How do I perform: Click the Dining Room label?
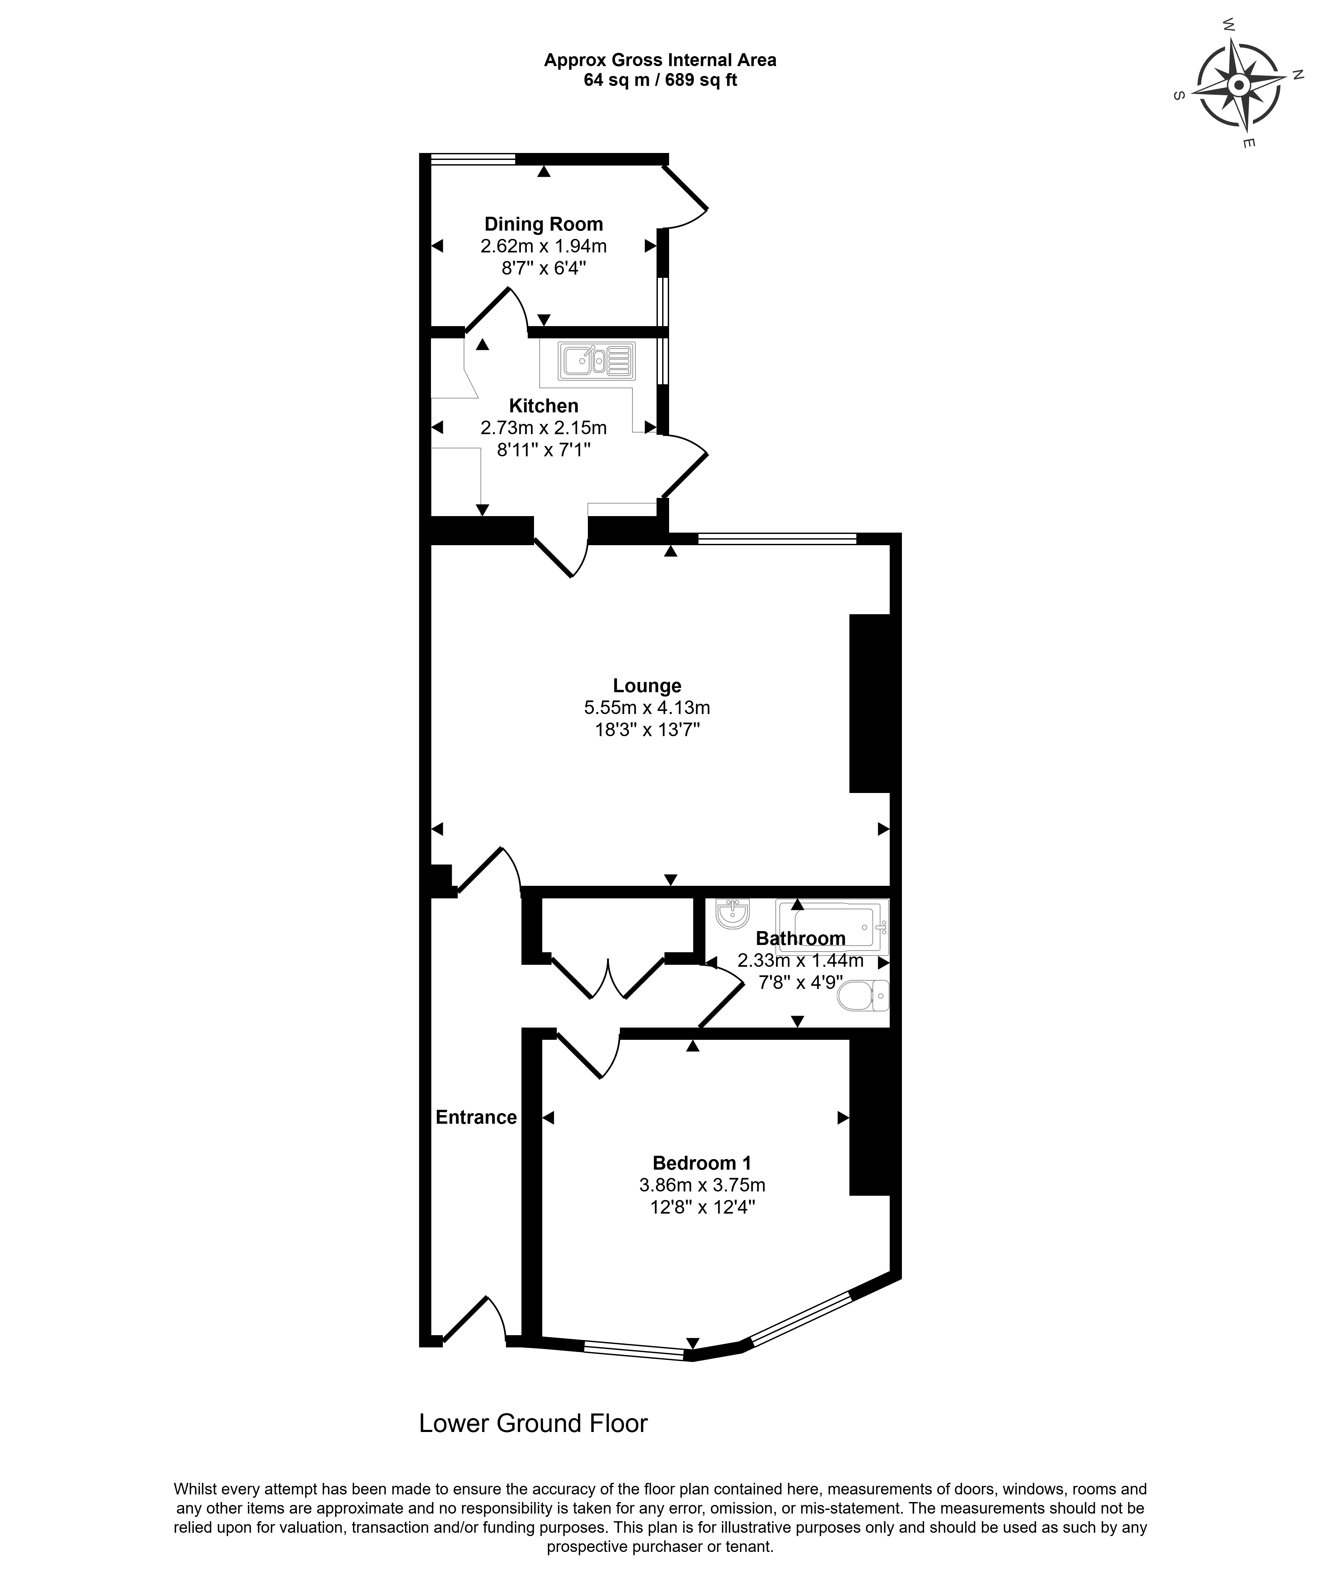[544, 224]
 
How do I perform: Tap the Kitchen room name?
[544, 406]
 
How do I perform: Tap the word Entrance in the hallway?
[477, 1117]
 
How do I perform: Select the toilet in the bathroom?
[863, 995]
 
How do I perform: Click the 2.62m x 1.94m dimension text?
[544, 246]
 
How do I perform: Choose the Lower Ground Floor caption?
[533, 1424]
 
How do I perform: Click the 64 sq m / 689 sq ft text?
[660, 80]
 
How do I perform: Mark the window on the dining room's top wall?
[473, 159]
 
